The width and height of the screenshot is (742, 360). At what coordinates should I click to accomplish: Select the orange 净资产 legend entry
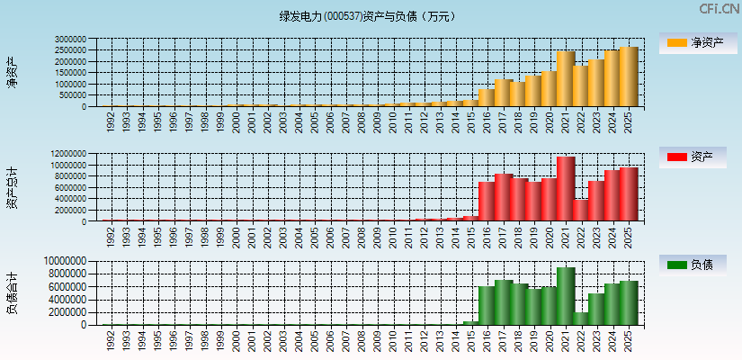[698, 43]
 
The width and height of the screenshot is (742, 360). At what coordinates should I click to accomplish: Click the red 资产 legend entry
[698, 157]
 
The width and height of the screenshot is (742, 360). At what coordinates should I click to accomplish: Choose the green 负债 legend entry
[698, 265]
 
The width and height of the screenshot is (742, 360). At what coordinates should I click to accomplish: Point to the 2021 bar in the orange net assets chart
[566, 79]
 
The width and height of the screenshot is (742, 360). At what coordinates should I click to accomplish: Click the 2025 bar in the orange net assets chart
[629, 76]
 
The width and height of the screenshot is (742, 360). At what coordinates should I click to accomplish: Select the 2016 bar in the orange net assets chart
[487, 97]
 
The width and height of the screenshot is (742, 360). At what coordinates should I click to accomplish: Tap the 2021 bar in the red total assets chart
[566, 189]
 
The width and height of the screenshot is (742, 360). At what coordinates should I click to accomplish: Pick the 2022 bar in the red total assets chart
[581, 210]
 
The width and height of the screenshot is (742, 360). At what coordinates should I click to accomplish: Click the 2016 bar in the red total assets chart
[487, 201]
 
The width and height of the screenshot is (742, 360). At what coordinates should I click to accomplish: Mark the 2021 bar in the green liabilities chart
[566, 296]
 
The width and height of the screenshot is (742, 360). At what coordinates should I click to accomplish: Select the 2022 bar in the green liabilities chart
[581, 318]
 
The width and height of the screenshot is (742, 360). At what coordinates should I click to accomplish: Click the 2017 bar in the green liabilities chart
[503, 302]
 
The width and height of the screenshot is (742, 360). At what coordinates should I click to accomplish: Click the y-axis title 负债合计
[12, 292]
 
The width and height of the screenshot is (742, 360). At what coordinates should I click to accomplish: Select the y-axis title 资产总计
[12, 187]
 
